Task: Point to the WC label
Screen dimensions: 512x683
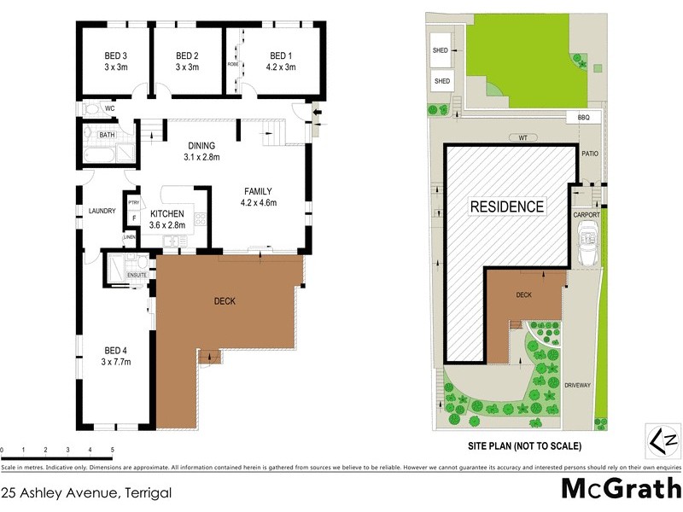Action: (109, 109)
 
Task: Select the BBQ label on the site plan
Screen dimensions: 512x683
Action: (584, 116)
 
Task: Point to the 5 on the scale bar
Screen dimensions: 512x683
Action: (111, 449)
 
